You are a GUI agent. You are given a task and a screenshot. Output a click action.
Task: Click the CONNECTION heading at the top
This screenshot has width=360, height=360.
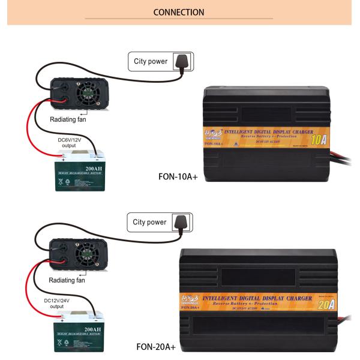point(179,12)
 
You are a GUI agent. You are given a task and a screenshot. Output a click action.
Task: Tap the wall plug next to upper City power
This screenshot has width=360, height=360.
point(181,61)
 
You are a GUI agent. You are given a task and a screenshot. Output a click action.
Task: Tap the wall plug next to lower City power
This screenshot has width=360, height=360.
point(181,223)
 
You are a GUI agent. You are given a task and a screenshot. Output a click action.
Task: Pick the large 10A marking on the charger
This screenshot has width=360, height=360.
point(318,140)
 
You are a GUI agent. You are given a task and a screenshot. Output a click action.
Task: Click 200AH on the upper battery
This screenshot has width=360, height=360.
point(94,169)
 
